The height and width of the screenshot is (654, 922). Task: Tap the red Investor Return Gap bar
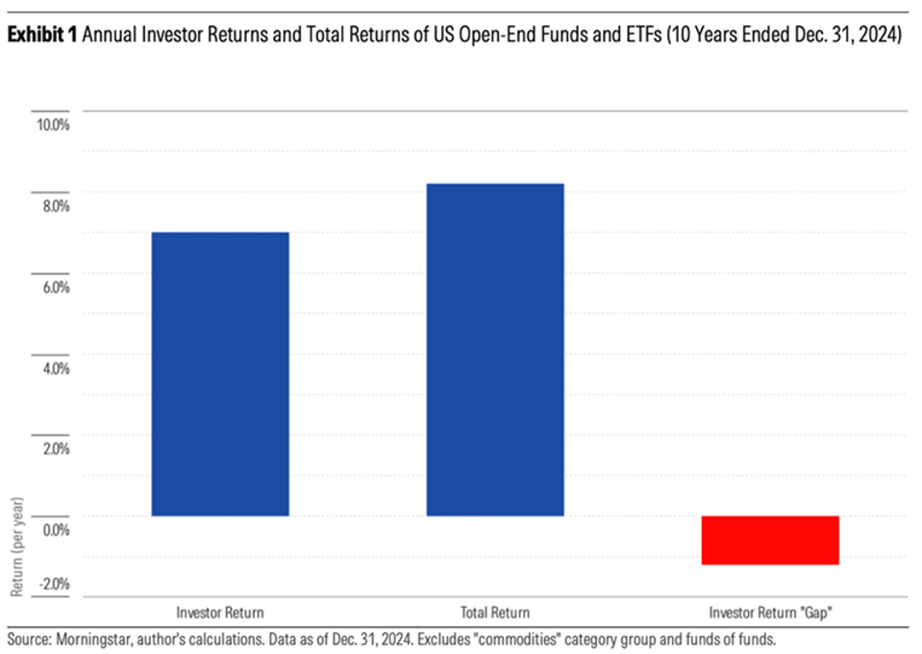click(x=770, y=540)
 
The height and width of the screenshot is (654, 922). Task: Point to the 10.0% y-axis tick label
click(x=53, y=124)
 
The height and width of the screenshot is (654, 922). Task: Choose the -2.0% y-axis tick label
click(x=52, y=583)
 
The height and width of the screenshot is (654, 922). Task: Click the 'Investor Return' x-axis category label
click(x=220, y=612)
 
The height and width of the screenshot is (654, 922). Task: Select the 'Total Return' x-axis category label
click(x=495, y=612)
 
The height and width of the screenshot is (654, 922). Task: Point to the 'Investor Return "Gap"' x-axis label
click(x=770, y=612)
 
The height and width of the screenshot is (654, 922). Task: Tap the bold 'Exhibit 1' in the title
click(x=42, y=37)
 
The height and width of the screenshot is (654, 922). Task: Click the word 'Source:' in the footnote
click(x=28, y=638)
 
